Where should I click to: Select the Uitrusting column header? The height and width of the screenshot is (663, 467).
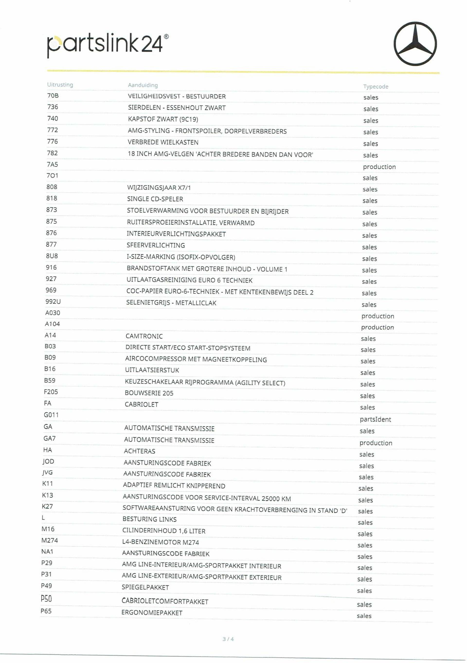click(x=60, y=85)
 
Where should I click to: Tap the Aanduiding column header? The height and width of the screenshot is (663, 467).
click(x=143, y=85)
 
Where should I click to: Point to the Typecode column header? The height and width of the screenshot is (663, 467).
click(x=376, y=87)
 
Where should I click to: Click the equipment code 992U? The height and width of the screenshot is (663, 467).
click(x=53, y=302)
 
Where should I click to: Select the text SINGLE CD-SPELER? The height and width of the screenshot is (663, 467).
click(x=155, y=199)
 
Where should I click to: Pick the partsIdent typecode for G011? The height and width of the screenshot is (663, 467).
click(x=375, y=419)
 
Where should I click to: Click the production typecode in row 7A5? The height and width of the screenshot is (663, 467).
click(x=379, y=167)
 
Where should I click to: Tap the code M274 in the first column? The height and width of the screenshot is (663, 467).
click(x=50, y=541)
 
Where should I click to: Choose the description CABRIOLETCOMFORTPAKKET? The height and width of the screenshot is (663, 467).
click(x=165, y=601)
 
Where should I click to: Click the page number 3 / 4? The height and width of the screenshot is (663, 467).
click(x=228, y=639)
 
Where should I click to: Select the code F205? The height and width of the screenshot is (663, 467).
click(x=51, y=392)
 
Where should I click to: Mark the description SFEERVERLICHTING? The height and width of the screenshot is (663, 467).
click(x=156, y=245)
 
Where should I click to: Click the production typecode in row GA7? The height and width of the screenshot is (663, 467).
click(x=376, y=443)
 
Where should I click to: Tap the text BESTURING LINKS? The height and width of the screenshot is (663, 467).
click(x=150, y=519)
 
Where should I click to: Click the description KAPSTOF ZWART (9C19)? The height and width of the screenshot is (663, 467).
click(x=163, y=119)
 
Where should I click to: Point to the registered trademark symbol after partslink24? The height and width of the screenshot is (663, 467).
click(x=166, y=36)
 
